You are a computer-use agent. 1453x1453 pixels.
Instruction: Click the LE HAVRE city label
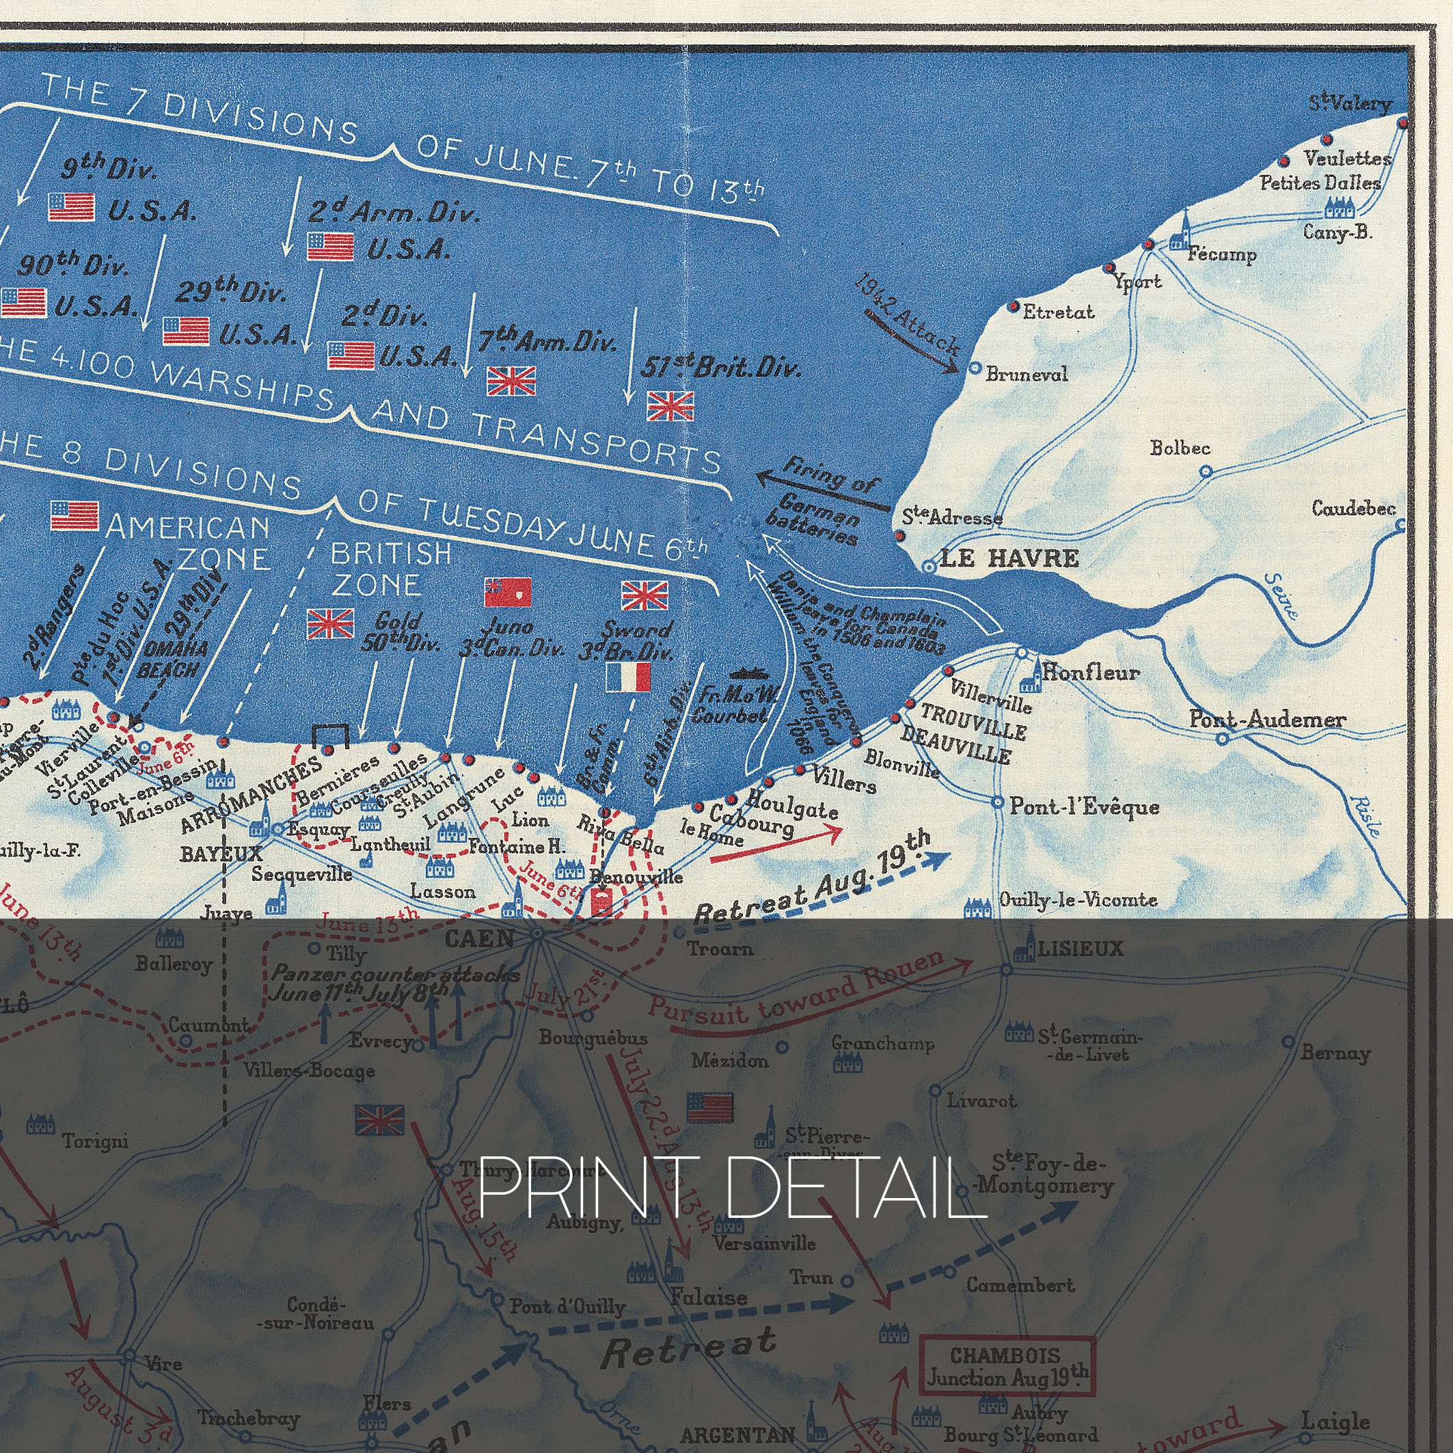pyautogui.click(x=1009, y=558)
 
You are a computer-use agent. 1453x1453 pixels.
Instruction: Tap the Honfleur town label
pyautogui.click(x=1091, y=672)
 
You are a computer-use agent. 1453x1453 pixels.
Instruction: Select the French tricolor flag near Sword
pyautogui.click(x=628, y=677)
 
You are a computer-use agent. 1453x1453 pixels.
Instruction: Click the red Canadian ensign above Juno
pyautogui.click(x=508, y=592)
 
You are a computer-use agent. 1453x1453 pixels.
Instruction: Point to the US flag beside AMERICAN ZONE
pyautogui.click(x=74, y=515)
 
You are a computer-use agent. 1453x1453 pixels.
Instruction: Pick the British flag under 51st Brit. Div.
pyautogui.click(x=670, y=406)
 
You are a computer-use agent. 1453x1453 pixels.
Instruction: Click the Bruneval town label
pyautogui.click(x=1027, y=374)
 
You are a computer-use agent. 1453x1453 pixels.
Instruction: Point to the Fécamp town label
pyautogui.click(x=1222, y=254)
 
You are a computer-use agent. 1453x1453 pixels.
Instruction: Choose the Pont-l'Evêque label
pyautogui.click(x=1084, y=806)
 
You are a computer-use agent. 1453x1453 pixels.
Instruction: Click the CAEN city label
pyautogui.click(x=479, y=938)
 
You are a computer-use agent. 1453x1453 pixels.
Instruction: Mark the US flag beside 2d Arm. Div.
pyautogui.click(x=330, y=247)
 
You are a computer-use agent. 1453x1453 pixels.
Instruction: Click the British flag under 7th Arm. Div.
pyautogui.click(x=511, y=381)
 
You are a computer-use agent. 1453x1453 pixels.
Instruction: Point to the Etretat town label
pyautogui.click(x=1057, y=312)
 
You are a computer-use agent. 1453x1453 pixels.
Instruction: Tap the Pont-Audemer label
pyautogui.click(x=1267, y=719)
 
